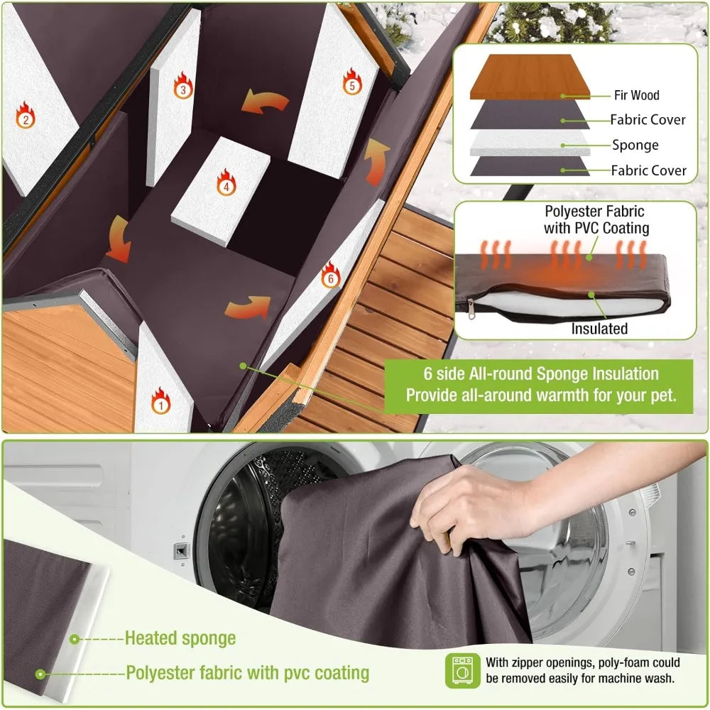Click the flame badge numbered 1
pyautogui.click(x=161, y=402)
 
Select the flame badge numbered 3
pyautogui.click(x=182, y=87)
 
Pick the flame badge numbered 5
pyautogui.click(x=351, y=82)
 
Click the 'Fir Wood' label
pyautogui.click(x=636, y=95)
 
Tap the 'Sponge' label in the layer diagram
pyautogui.click(x=635, y=145)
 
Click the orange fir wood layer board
pyautogui.click(x=529, y=77)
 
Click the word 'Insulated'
pyautogui.click(x=599, y=329)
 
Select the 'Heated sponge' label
pyautogui.click(x=180, y=638)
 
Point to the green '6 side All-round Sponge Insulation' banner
pyautogui.click(x=540, y=385)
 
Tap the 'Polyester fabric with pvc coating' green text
pyautogui.click(x=247, y=672)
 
